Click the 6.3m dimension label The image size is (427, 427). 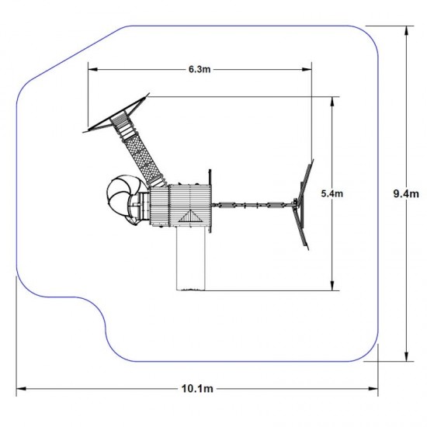tap(200, 69)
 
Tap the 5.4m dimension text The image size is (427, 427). tap(332, 193)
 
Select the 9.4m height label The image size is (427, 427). tap(406, 193)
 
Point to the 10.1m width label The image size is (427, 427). tap(197, 389)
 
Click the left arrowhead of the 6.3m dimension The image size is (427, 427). tap(92, 69)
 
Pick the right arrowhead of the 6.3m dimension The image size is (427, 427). tap(307, 69)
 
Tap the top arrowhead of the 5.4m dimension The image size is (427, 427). tap(332, 102)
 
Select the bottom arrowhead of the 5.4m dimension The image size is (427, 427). tap(332, 286)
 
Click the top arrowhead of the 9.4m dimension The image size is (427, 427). tap(406, 31)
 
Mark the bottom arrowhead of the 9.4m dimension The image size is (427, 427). tap(406, 357)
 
